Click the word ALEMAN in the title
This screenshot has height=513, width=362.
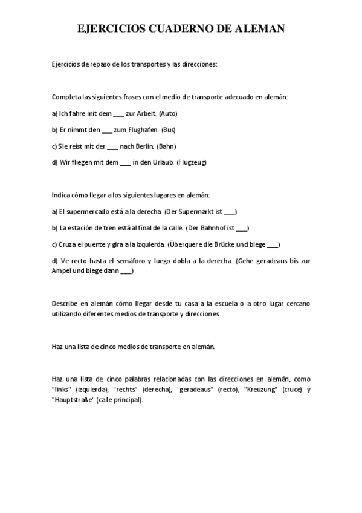(256, 28)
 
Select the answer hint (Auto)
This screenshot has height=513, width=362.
(169, 113)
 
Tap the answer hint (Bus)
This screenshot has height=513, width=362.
(169, 129)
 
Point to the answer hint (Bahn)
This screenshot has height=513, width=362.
(166, 146)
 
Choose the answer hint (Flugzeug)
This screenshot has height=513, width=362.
(192, 162)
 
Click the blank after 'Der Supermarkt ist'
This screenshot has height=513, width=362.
(230, 212)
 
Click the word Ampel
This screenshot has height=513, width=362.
(61, 271)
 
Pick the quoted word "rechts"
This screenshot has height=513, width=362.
(125, 390)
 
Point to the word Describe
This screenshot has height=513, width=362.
(65, 303)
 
